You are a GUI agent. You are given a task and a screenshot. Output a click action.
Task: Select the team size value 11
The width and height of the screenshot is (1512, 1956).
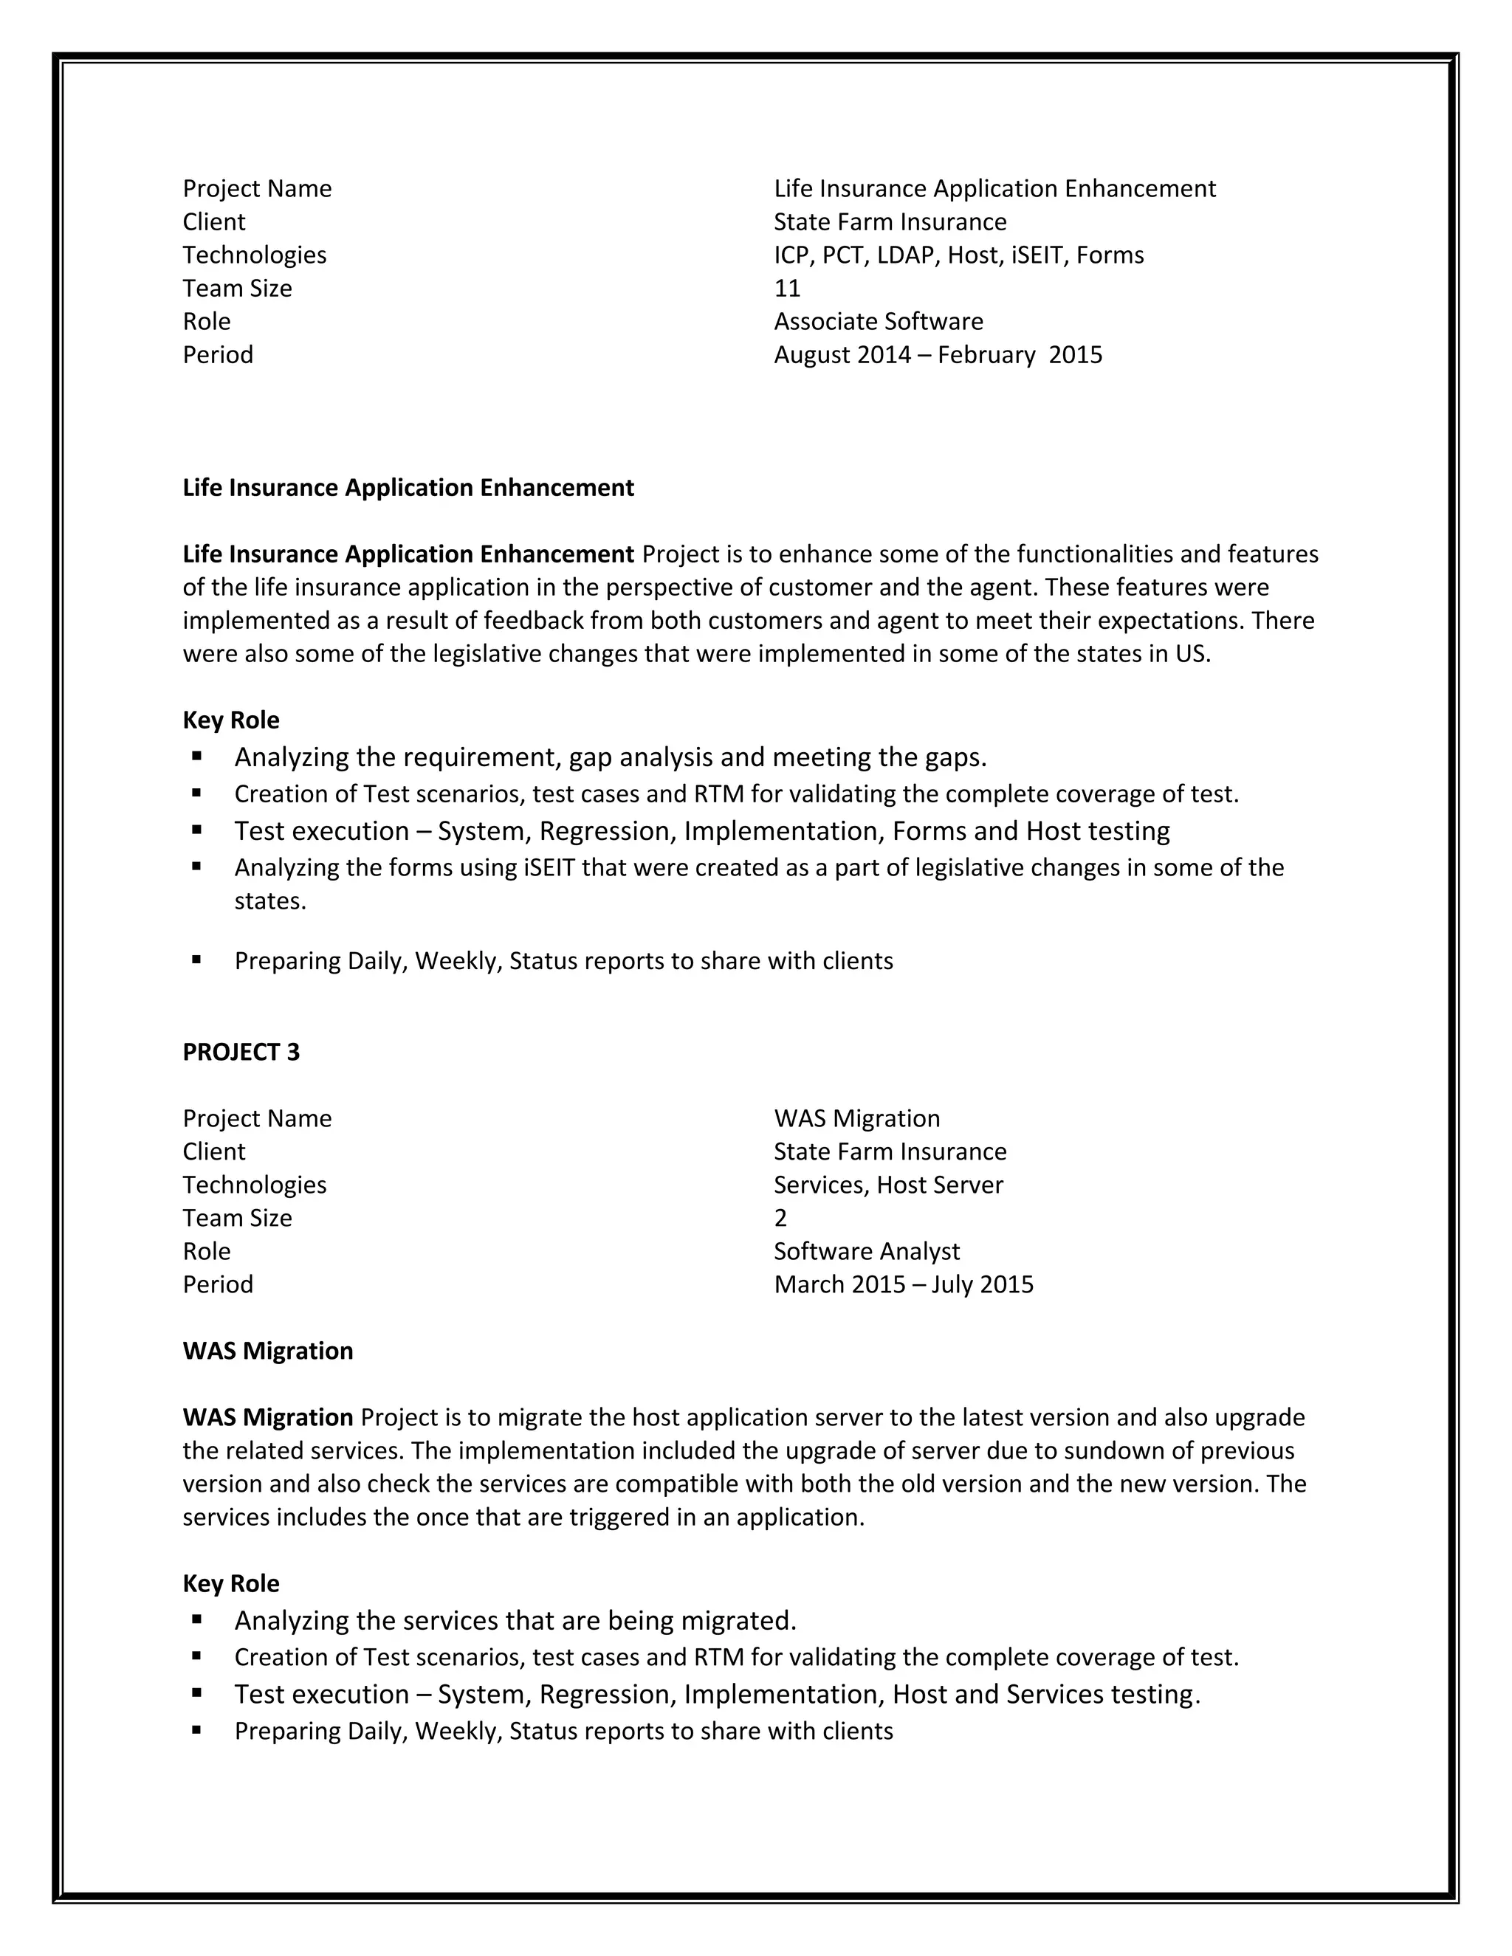(x=786, y=289)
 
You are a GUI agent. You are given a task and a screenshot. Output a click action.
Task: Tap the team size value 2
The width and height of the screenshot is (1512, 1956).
(x=780, y=1218)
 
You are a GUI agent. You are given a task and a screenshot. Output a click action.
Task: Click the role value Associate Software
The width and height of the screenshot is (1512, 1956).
(x=878, y=322)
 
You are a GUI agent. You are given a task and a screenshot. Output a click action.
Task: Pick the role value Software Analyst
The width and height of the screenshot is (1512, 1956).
(x=866, y=1251)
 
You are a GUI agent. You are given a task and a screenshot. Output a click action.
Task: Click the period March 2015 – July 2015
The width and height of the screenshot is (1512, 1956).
(x=903, y=1284)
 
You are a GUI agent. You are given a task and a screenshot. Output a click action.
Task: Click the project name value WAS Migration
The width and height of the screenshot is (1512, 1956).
(x=856, y=1118)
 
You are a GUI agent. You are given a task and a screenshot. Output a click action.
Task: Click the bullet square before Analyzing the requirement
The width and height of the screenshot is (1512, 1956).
(x=196, y=757)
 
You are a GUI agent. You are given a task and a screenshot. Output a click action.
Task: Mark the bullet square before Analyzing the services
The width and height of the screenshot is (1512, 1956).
(x=196, y=1620)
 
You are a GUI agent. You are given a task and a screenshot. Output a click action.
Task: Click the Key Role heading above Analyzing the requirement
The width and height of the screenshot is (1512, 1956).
(x=231, y=720)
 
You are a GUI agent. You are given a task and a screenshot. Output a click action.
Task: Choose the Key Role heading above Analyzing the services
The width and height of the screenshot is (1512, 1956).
(x=231, y=1583)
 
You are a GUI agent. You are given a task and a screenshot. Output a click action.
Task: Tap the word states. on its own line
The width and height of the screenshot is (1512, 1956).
(x=269, y=901)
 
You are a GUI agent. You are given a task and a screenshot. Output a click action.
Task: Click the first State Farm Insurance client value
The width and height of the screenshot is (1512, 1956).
(x=890, y=222)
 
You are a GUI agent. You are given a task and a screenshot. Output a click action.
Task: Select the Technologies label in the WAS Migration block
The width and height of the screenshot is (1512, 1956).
(x=255, y=1185)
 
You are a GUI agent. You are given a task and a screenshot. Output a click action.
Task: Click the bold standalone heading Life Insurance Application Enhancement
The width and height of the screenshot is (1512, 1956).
(x=408, y=488)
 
